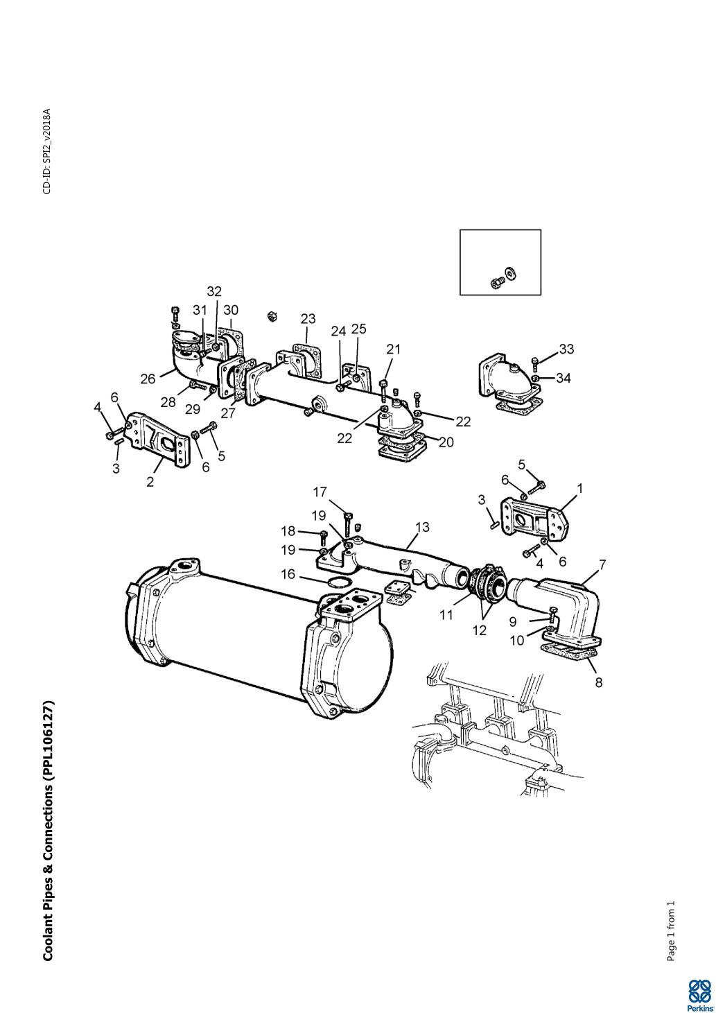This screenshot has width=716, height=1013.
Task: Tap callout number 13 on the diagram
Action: coord(422,527)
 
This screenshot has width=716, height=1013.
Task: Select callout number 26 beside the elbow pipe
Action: coord(148,379)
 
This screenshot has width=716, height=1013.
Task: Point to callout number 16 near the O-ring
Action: coord(288,574)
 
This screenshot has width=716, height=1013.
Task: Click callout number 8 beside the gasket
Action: coord(599,682)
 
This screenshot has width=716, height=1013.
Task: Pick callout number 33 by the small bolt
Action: coord(566,349)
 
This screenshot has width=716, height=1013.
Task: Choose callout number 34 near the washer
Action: coord(564,378)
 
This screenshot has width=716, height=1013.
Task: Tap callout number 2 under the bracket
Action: coord(150,482)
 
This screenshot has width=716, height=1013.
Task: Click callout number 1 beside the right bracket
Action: coord(580,488)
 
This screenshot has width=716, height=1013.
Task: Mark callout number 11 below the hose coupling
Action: coord(446,616)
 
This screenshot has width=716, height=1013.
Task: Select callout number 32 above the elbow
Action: coord(214,292)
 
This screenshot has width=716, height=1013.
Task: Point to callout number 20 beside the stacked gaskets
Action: coord(446,442)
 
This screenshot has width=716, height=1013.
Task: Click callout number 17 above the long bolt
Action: coord(320,492)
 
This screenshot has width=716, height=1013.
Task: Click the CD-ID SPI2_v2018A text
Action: coord(47,151)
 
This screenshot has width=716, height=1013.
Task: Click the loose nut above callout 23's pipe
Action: coord(272,316)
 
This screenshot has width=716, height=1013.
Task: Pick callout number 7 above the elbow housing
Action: coord(602,564)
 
